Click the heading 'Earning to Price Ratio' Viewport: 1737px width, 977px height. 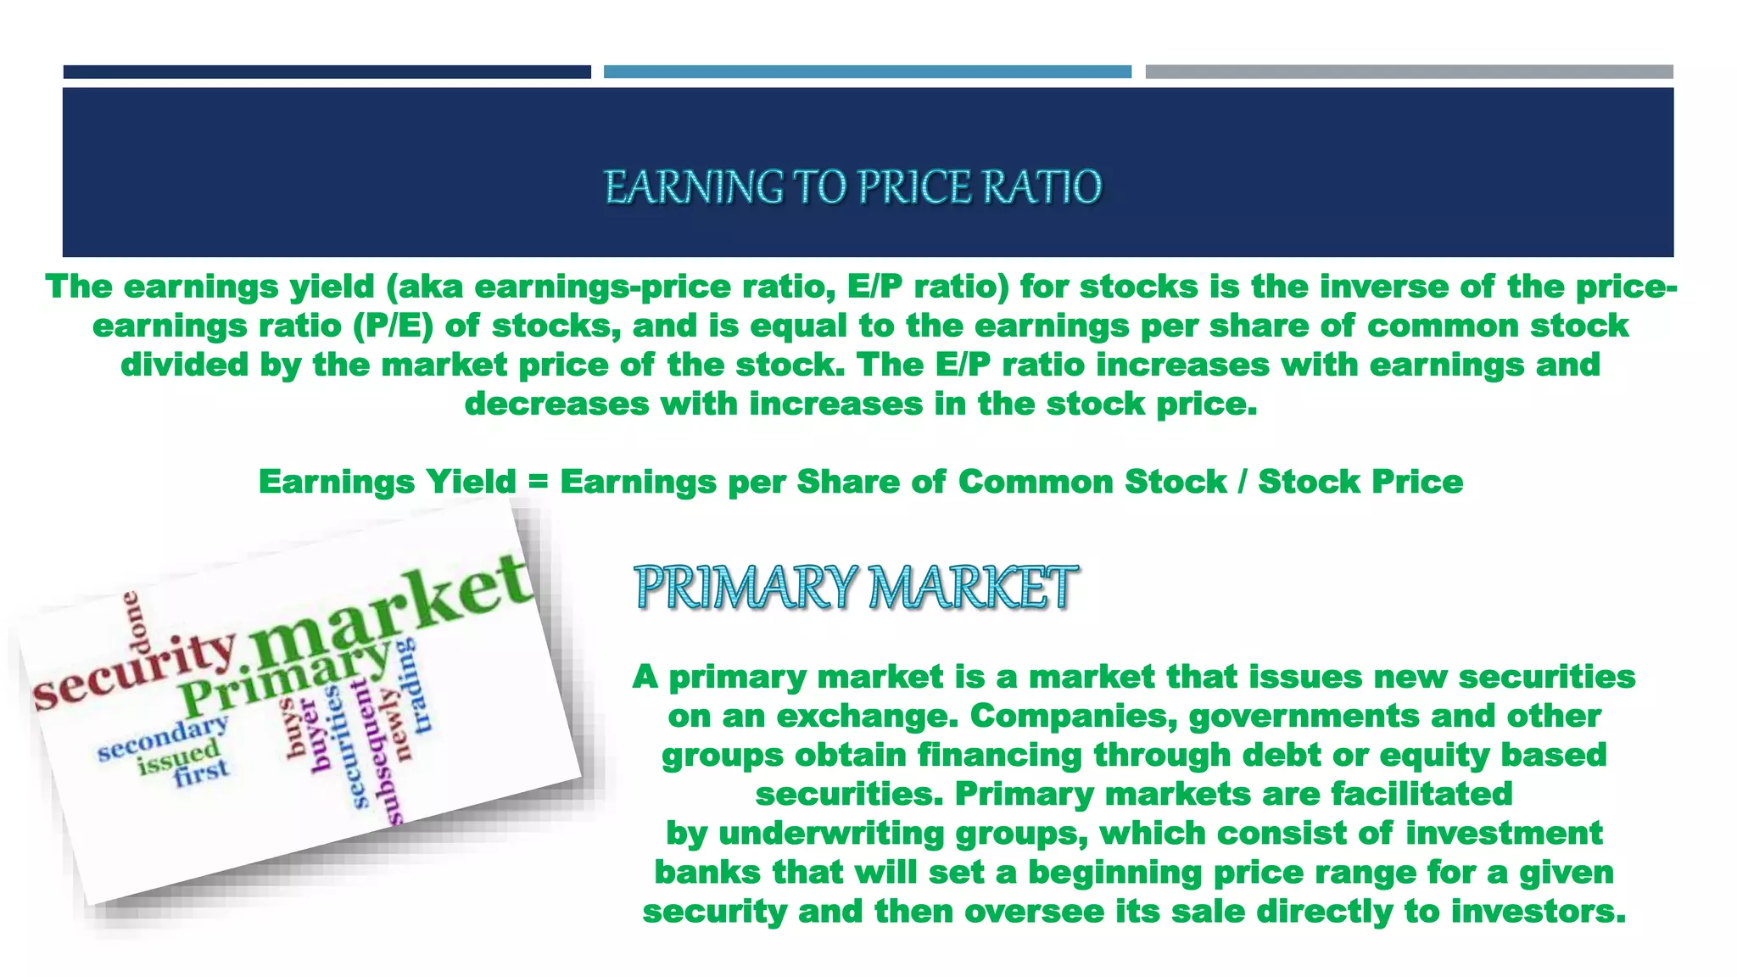[x=852, y=187]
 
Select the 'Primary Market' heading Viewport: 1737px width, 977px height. [x=856, y=587]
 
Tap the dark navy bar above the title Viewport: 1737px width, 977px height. [x=327, y=72]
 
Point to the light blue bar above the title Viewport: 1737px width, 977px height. [x=867, y=72]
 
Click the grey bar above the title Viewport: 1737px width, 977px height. [x=1409, y=72]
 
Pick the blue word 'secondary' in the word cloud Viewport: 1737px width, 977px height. [x=163, y=737]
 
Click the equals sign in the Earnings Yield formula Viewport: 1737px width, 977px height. [x=538, y=482]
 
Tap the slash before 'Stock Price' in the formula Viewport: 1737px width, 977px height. [x=1242, y=482]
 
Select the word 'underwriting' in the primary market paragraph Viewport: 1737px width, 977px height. [x=830, y=833]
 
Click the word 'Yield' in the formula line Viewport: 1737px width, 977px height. [x=471, y=482]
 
